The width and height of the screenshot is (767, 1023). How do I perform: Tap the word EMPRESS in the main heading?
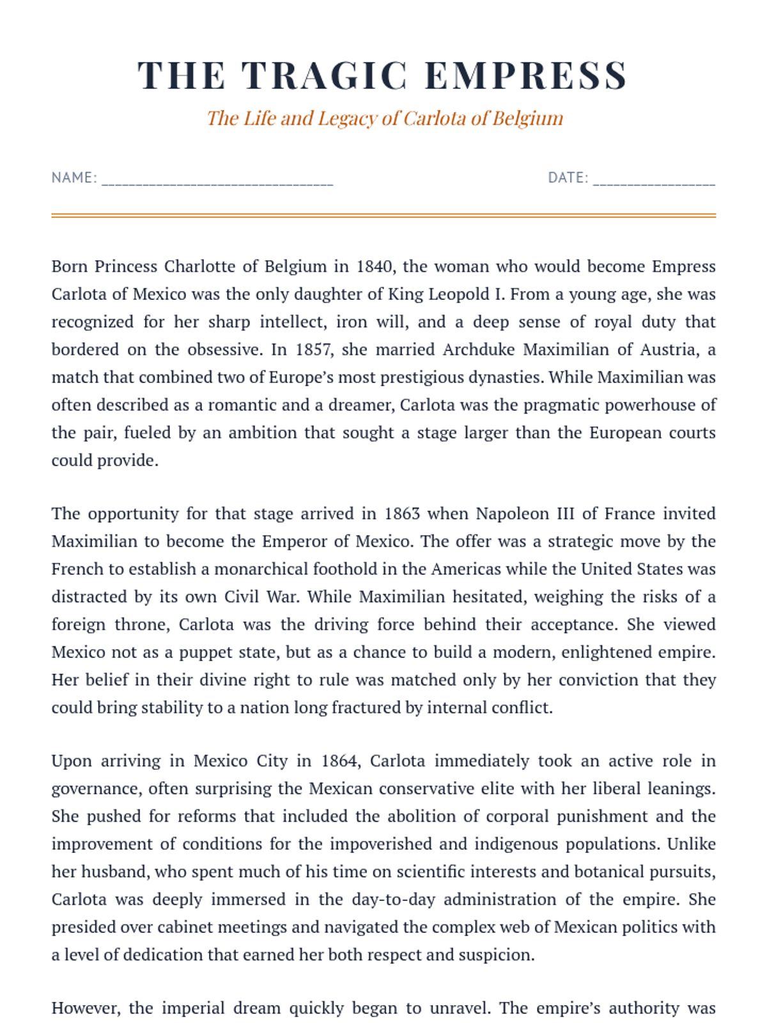(x=525, y=75)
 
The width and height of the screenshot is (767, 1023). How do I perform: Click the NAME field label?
(x=74, y=178)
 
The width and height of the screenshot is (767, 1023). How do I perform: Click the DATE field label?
(x=568, y=178)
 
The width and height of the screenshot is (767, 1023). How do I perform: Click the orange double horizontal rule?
(x=383, y=215)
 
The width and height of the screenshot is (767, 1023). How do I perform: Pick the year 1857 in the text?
(x=313, y=350)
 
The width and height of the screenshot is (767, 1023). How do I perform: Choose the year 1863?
(x=401, y=514)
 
